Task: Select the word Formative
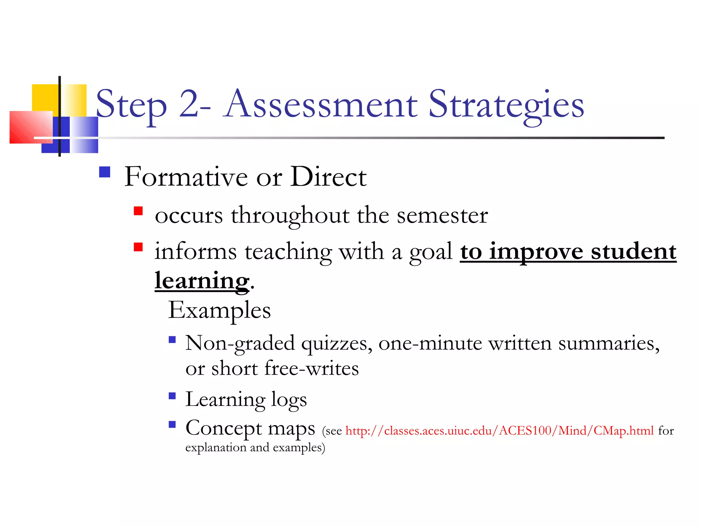186,177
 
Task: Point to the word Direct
328,177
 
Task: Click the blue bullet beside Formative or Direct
104,172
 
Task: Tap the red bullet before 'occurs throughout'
138,211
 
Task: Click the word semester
442,215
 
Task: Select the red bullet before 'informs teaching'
138,247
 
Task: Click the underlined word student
633,252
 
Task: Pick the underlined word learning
202,281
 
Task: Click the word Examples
219,310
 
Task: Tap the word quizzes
337,343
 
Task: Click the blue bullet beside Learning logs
172,396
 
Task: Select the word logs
289,400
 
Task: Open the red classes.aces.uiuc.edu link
499,431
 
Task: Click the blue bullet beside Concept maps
172,425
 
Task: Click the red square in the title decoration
31,127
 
